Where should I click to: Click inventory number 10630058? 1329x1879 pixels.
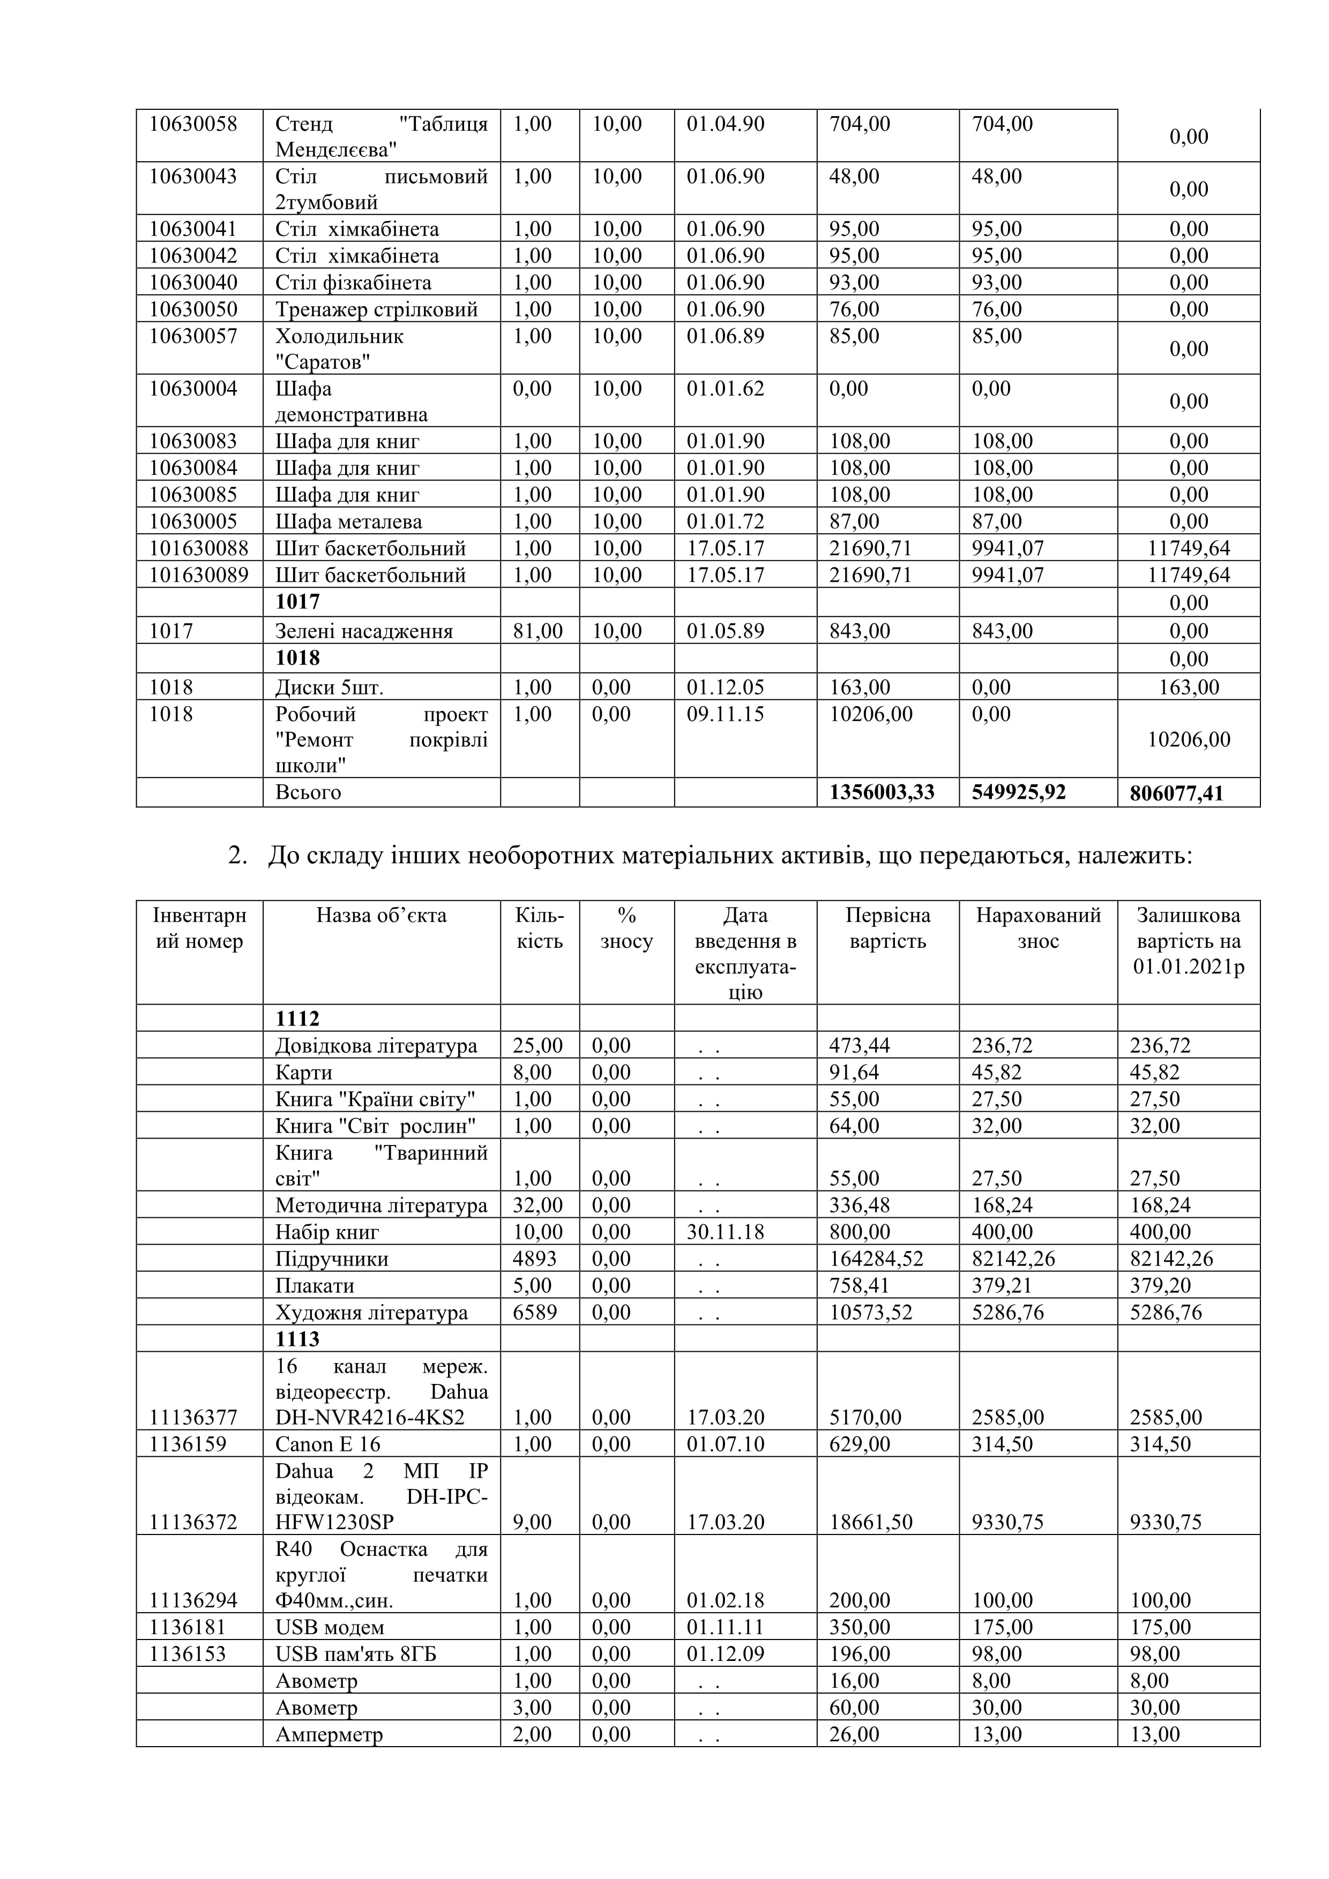pos(192,124)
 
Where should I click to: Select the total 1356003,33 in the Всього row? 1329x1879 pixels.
pos(882,792)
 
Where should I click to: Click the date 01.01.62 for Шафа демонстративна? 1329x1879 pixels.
pos(725,389)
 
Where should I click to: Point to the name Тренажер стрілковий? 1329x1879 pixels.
pos(376,309)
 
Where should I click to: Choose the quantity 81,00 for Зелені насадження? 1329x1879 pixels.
pos(537,631)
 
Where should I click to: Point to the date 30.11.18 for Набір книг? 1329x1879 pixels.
pos(725,1232)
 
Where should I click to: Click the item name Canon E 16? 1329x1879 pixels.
pos(327,1443)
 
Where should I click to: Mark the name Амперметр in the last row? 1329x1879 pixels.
pos(329,1734)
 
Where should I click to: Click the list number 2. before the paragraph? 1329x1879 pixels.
pos(237,856)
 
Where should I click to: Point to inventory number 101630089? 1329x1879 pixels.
pos(198,575)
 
